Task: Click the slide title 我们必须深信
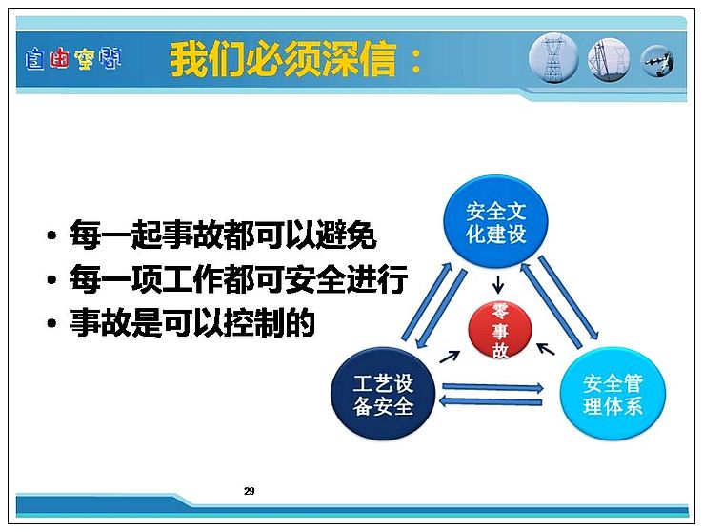point(283,59)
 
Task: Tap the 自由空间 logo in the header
point(73,59)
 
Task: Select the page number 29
point(250,491)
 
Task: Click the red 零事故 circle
point(500,331)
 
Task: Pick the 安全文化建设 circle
point(496,221)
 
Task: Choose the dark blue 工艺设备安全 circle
point(383,394)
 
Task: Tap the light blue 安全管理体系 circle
point(613,394)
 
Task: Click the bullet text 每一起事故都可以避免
point(223,234)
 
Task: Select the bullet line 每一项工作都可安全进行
point(238,278)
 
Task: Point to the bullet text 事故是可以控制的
point(191,322)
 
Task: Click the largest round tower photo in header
point(553,58)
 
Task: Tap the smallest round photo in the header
point(657,61)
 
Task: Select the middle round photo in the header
point(609,60)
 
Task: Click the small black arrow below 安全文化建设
point(497,284)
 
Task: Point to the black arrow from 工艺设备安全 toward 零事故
point(450,357)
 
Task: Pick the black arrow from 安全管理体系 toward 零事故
point(546,349)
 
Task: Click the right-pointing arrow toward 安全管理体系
point(492,387)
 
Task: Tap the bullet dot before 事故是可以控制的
point(52,323)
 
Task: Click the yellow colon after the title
point(415,61)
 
